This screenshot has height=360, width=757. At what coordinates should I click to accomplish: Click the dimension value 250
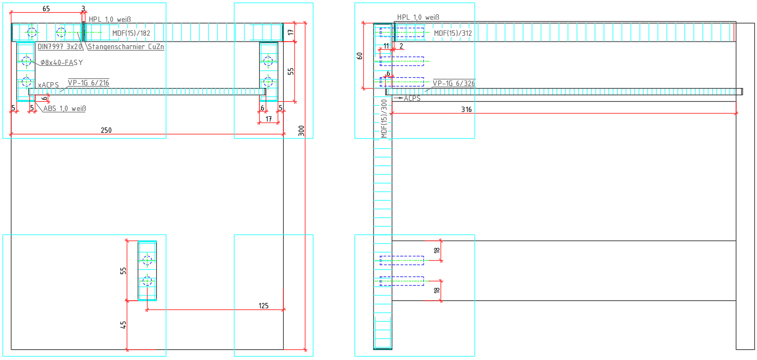(106, 131)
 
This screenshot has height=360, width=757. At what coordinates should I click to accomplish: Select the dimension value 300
(301, 131)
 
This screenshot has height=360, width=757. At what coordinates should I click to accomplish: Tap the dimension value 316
(467, 109)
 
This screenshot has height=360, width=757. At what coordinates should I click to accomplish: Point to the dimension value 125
(263, 306)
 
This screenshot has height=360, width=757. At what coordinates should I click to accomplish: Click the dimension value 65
(46, 9)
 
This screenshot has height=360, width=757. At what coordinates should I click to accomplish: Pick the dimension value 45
(123, 325)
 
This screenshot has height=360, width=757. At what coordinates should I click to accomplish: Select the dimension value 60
(360, 55)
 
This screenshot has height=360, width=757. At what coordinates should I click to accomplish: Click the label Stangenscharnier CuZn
(125, 47)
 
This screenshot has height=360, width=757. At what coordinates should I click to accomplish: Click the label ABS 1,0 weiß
(65, 109)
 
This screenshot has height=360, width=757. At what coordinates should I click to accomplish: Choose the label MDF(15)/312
(453, 33)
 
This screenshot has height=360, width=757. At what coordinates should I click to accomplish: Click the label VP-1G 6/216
(89, 83)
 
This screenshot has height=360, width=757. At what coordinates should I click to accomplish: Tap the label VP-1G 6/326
(453, 83)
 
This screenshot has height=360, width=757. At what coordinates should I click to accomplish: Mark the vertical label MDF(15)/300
(384, 118)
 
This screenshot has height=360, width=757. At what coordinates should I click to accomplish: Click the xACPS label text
(48, 85)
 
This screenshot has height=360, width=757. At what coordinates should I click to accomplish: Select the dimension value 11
(387, 46)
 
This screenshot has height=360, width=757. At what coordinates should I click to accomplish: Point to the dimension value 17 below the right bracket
(268, 119)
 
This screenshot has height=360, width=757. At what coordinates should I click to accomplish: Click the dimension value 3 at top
(83, 9)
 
